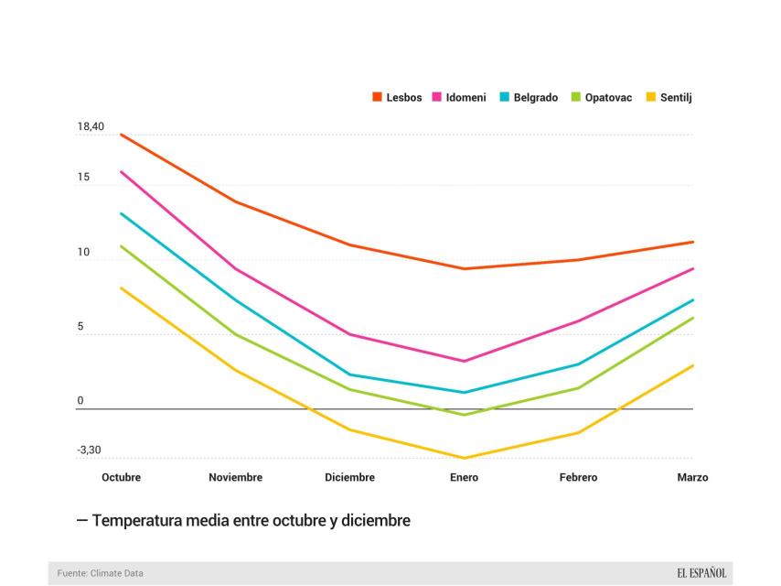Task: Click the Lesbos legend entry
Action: [x=397, y=97]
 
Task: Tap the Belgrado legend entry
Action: [x=529, y=97]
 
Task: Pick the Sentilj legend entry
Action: [x=669, y=97]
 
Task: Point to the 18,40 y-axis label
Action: [x=90, y=126]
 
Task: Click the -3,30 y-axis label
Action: [x=89, y=450]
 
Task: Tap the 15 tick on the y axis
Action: [x=83, y=177]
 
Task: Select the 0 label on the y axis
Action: [x=80, y=400]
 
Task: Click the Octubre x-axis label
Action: [x=121, y=477]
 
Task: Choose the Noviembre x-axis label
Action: [x=235, y=477]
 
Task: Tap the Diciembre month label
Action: [x=349, y=477]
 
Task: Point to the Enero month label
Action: [x=464, y=477]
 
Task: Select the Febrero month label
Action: [x=578, y=477]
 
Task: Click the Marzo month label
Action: [x=692, y=477]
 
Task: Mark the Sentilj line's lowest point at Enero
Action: [x=464, y=458]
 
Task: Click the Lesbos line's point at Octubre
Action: [x=121, y=135]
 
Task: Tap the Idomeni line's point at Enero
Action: [x=464, y=361]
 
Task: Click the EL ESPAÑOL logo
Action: [x=701, y=573]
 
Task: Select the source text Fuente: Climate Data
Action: [x=100, y=573]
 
